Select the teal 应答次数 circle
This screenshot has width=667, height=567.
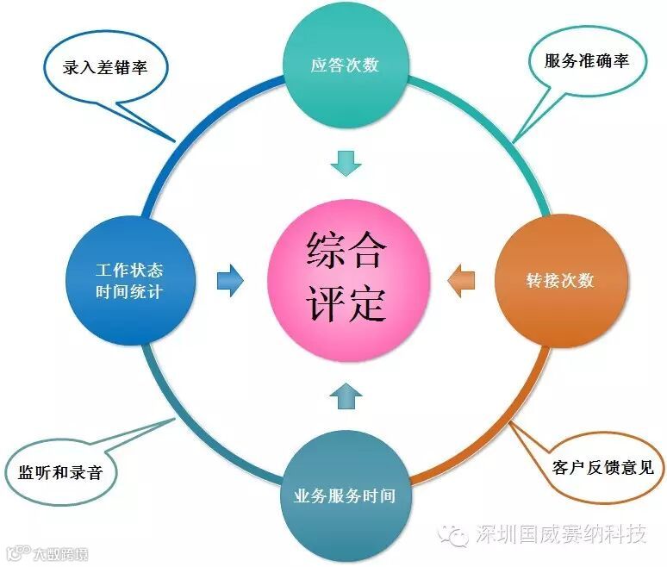tap(345, 65)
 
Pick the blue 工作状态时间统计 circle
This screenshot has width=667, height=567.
tap(130, 281)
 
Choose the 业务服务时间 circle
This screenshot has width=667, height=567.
tap(345, 495)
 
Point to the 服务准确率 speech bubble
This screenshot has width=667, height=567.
tap(586, 61)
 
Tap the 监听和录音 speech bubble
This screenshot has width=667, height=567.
tap(65, 473)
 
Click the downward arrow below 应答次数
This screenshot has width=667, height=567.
tap(346, 161)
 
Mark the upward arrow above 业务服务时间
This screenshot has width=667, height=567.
tap(346, 394)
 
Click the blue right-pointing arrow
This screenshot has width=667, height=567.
tap(230, 281)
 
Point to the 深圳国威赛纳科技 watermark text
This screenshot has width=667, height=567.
tap(561, 535)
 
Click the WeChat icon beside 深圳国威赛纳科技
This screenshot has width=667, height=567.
tap(454, 535)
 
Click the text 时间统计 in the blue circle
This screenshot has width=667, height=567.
tap(130, 292)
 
